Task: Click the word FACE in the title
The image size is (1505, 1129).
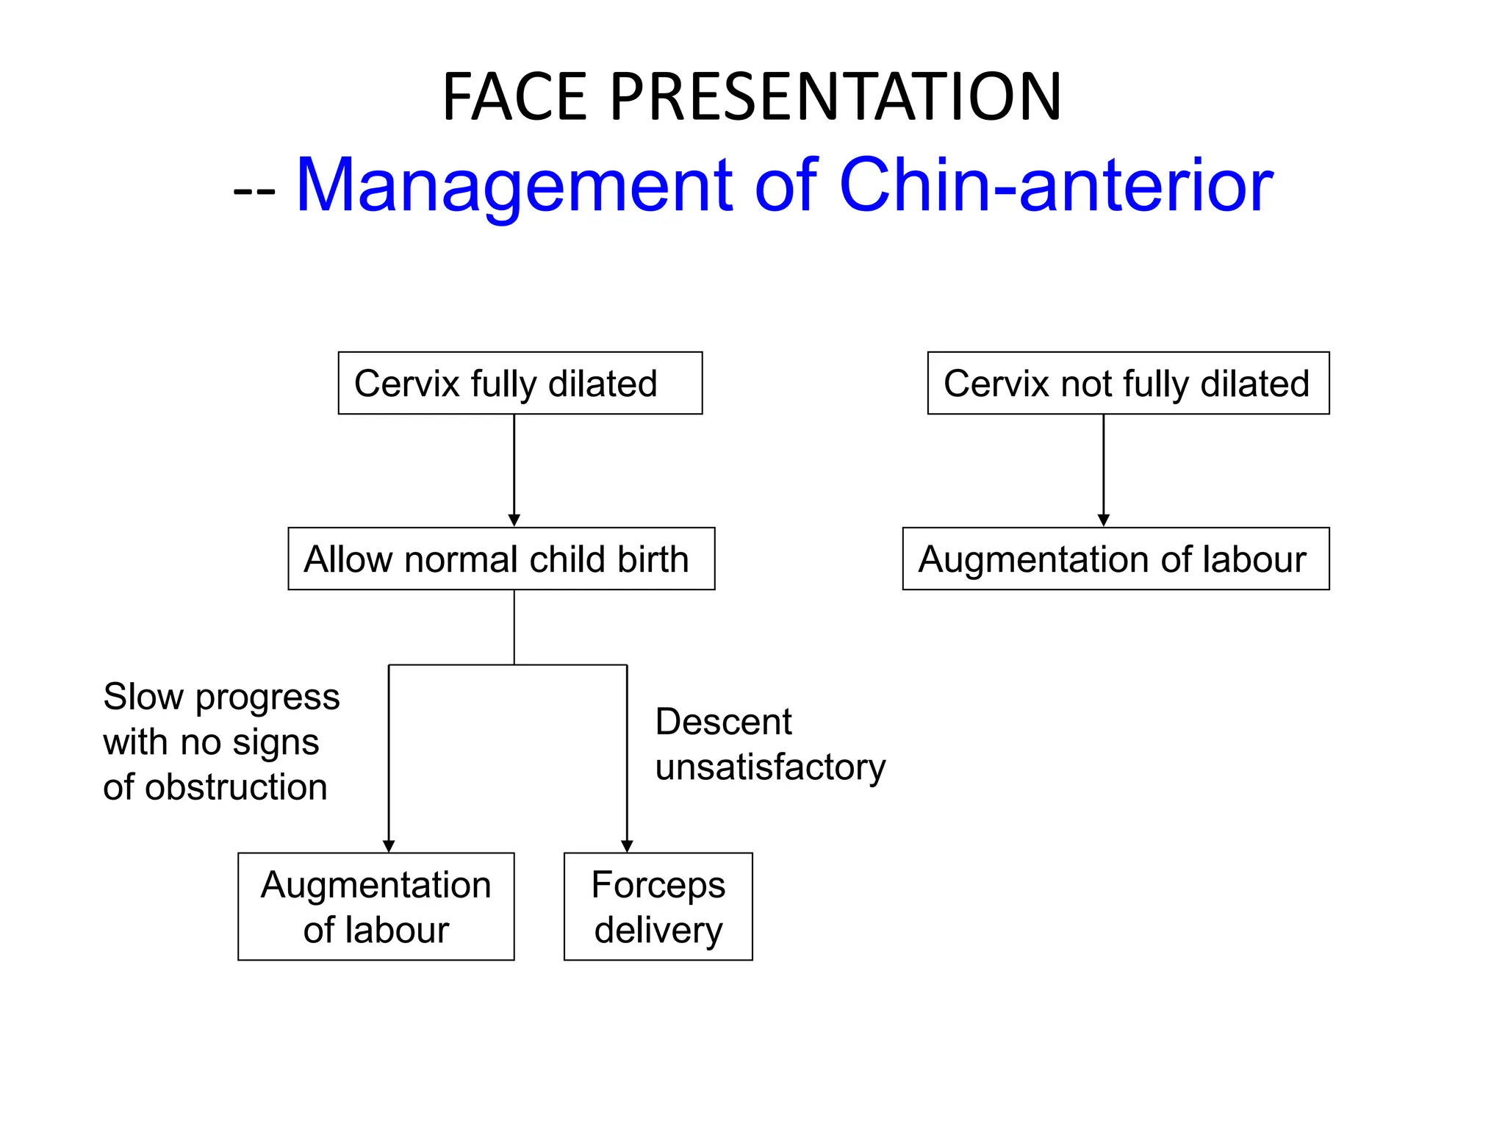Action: (515, 97)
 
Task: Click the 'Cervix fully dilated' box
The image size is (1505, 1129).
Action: (520, 383)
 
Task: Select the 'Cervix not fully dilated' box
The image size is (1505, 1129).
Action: (1128, 383)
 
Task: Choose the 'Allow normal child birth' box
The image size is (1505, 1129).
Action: (501, 559)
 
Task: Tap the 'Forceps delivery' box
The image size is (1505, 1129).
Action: (658, 906)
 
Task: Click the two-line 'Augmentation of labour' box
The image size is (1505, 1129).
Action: (376, 906)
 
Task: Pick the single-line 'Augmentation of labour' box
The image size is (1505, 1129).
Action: (1116, 559)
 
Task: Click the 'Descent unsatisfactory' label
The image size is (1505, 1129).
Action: (770, 744)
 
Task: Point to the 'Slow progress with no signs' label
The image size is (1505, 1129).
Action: (220, 720)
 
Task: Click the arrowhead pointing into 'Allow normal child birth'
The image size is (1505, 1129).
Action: (514, 520)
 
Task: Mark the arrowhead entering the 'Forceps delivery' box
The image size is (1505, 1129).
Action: (627, 846)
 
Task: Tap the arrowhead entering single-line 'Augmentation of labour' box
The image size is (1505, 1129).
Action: (1103, 520)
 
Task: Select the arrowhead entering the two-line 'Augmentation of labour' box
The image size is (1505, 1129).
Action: (389, 846)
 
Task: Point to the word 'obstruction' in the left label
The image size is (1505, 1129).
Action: (236, 787)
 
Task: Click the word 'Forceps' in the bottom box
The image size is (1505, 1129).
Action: (658, 885)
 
